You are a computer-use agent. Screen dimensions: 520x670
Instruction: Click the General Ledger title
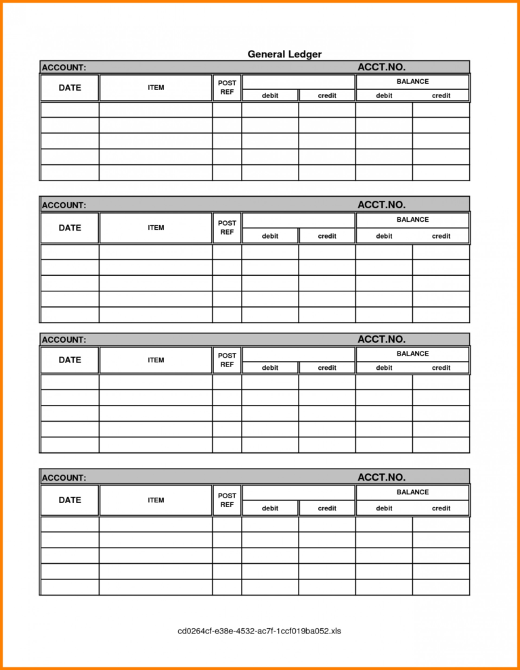pyautogui.click(x=284, y=54)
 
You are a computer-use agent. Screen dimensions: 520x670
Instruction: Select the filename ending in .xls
pyautogui.click(x=259, y=631)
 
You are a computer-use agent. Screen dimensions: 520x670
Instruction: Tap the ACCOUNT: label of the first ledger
pyautogui.click(x=64, y=68)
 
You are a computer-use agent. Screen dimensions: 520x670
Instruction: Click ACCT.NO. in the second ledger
pyautogui.click(x=381, y=204)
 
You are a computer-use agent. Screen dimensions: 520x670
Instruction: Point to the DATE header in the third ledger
pyautogui.click(x=70, y=360)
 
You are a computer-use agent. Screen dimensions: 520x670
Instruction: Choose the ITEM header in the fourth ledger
pyautogui.click(x=156, y=500)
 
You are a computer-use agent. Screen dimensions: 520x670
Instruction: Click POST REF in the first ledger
pyautogui.click(x=227, y=87)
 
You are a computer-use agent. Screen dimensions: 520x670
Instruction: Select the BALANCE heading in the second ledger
pyautogui.click(x=412, y=219)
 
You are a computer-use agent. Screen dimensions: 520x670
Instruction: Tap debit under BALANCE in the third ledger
pyautogui.click(x=384, y=368)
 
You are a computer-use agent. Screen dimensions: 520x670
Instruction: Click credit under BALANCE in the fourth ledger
pyautogui.click(x=441, y=508)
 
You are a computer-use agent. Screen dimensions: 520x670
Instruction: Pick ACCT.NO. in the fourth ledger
pyautogui.click(x=381, y=477)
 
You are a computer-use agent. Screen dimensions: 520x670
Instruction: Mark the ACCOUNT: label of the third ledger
pyautogui.click(x=64, y=340)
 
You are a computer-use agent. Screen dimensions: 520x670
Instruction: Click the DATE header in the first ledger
pyautogui.click(x=70, y=87)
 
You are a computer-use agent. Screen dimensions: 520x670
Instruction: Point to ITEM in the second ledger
pyautogui.click(x=156, y=228)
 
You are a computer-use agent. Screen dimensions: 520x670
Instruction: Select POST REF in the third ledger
pyautogui.click(x=227, y=360)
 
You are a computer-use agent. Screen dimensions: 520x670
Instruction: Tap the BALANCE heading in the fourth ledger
pyautogui.click(x=412, y=492)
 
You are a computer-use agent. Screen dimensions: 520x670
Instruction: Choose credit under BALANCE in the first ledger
pyautogui.click(x=441, y=95)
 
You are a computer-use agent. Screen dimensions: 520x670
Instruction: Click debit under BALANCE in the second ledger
pyautogui.click(x=384, y=236)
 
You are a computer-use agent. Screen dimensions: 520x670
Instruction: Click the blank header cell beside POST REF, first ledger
pyautogui.click(x=298, y=82)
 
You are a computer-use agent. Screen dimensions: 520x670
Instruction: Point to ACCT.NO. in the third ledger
pyautogui.click(x=381, y=339)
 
